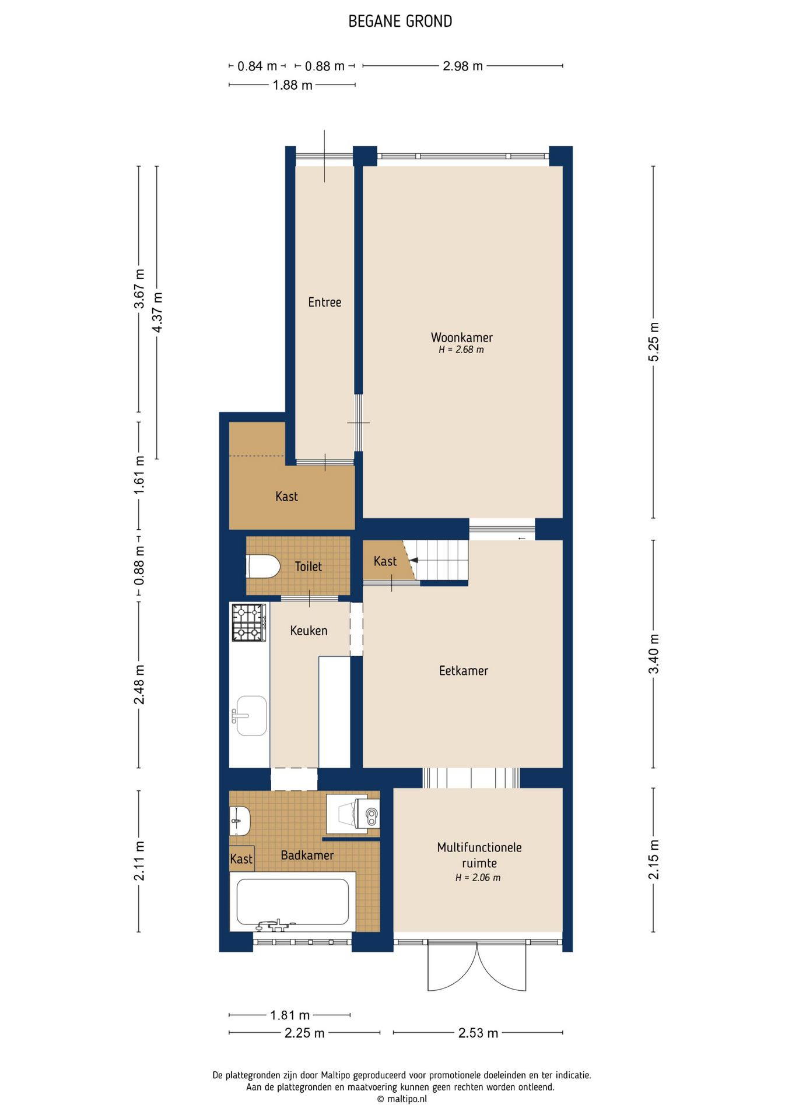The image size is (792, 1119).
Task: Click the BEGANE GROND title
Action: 400,22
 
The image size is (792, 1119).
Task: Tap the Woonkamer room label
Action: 461,337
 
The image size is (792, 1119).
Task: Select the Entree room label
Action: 324,302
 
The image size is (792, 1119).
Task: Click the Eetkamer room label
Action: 463,670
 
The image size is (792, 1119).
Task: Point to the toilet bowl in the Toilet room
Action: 264,566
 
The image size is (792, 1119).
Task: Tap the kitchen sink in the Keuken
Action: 251,715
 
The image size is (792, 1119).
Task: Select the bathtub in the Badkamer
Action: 292,902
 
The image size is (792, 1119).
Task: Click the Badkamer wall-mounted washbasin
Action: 239,821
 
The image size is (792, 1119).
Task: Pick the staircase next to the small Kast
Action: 442,560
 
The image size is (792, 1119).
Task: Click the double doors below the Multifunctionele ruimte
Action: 477,965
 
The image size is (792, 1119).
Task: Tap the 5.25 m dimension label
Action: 654,342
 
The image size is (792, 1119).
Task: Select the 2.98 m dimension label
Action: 462,66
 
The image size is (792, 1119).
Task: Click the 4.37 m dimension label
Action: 157,312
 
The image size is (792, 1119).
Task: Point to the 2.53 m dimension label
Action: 478,1033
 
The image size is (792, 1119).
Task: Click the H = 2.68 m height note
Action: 461,350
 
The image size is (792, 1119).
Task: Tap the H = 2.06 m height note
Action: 478,878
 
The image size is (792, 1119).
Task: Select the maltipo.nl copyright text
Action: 401,1099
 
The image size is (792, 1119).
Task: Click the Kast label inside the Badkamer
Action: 241,859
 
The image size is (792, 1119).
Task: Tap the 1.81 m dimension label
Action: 290,1015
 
